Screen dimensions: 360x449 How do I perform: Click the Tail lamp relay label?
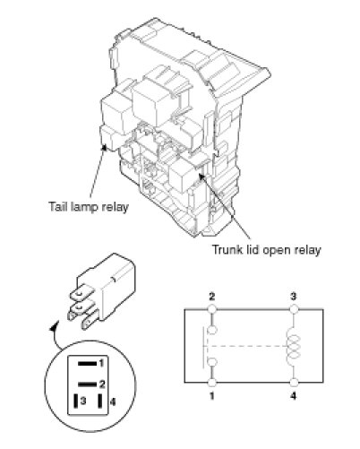89,207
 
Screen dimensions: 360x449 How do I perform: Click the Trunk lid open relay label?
267,250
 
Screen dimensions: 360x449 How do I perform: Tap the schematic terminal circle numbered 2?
212,308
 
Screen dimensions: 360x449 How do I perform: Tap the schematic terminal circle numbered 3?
294,308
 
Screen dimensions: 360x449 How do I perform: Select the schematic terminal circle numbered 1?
212,383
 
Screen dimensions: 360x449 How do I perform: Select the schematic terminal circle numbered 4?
294,383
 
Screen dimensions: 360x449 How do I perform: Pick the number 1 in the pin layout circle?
101,364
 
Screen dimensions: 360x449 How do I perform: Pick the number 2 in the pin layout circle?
102,384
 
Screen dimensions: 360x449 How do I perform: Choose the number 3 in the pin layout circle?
83,401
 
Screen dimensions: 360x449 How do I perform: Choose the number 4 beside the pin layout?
112,402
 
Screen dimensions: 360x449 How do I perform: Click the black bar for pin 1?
88,364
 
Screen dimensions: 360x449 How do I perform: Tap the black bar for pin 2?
88,384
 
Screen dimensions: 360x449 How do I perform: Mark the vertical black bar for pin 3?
76,401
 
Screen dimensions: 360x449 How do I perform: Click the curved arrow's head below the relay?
54,328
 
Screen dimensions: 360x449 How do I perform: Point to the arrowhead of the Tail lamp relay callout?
105,147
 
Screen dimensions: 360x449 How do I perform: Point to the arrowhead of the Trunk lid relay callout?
201,176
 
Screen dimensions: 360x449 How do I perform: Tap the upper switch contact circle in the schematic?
212,330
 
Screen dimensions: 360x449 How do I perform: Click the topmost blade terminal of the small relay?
80,295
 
